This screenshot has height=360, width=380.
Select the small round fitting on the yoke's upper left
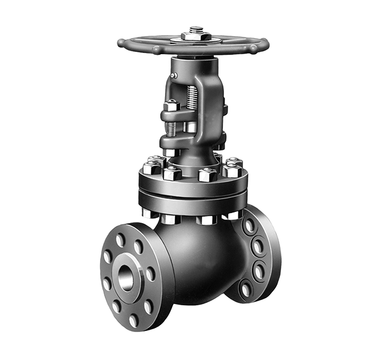coord(173,76)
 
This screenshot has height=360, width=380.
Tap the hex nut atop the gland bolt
coord(172,106)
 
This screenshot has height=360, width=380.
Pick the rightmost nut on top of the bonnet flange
coord(232,171)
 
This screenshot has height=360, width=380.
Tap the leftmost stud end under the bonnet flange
coord(147,212)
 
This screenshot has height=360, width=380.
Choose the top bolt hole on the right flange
coord(249,226)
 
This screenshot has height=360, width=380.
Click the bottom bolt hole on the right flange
coord(245,289)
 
